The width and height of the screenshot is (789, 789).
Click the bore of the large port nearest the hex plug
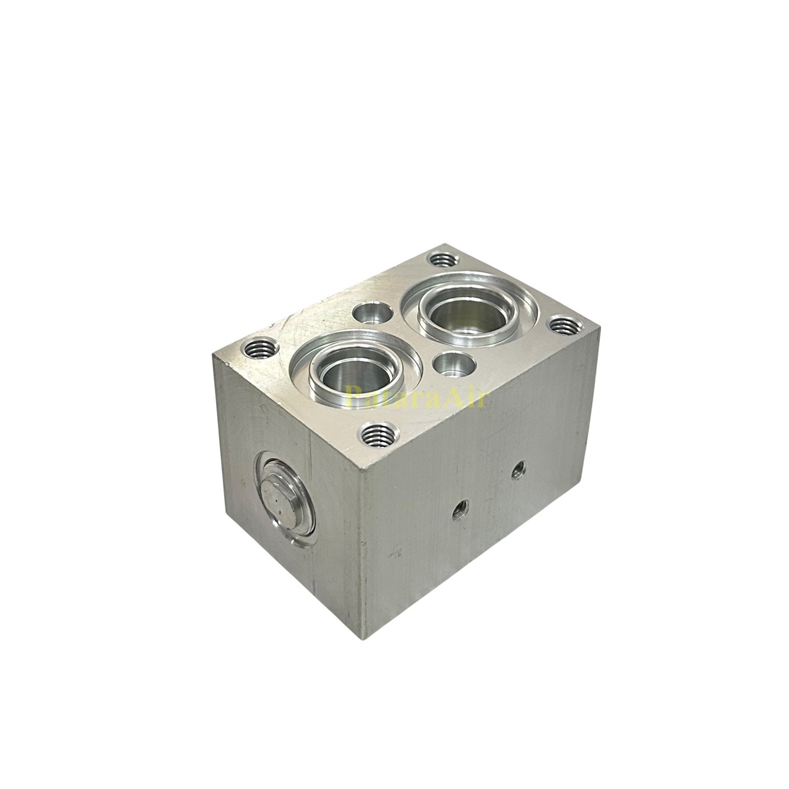coord(345,375)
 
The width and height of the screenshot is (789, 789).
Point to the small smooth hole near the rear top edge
coord(372,314)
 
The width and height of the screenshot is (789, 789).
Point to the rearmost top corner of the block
coord(447,244)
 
